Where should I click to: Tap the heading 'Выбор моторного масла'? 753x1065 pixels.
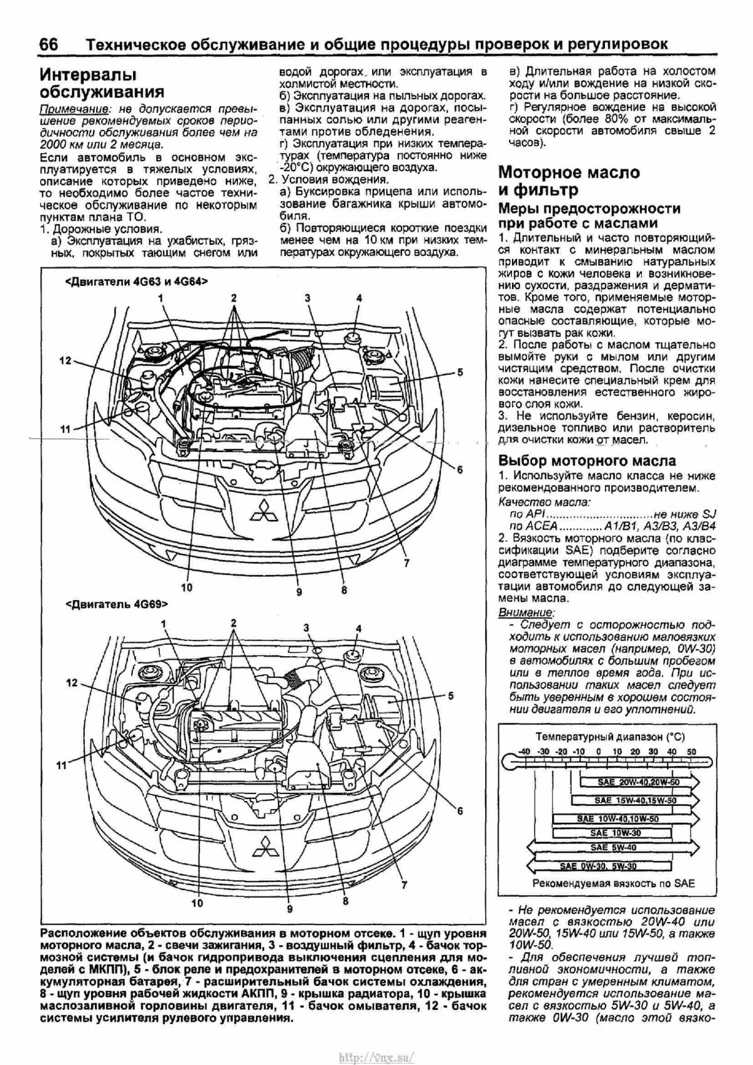(x=587, y=460)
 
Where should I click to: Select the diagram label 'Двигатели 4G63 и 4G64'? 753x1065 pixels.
(x=136, y=282)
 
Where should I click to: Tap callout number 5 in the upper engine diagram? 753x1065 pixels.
(x=460, y=373)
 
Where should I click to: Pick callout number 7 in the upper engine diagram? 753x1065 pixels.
(x=406, y=563)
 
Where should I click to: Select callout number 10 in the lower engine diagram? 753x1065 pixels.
(x=198, y=904)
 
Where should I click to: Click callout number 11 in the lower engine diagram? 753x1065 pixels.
(x=61, y=765)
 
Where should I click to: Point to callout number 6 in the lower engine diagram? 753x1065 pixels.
(x=460, y=811)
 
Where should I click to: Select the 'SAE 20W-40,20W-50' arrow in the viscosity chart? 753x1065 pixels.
(x=637, y=782)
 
